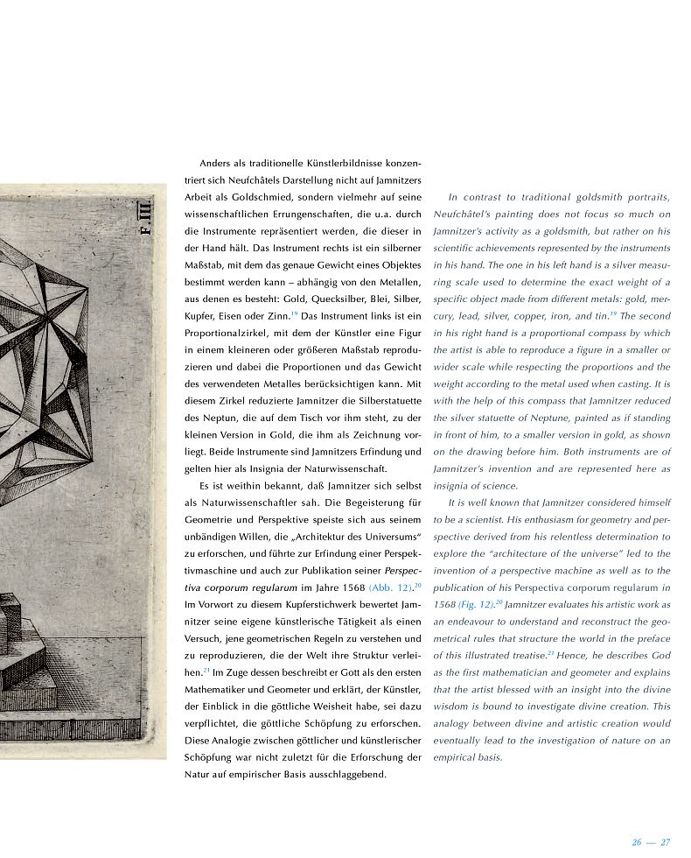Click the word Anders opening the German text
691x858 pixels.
click(215, 163)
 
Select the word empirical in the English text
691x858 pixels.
click(456, 758)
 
